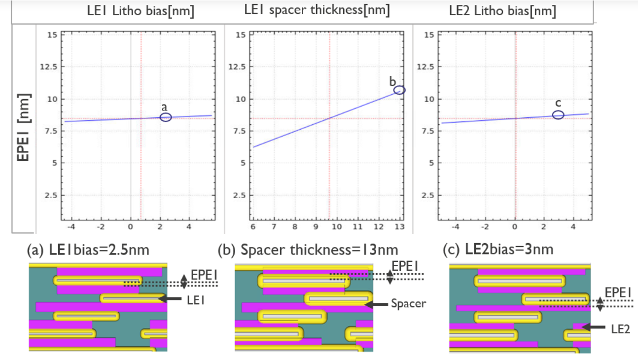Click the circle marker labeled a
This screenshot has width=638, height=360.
(166, 117)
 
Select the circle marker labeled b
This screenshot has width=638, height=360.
(399, 90)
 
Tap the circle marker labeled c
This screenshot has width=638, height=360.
(558, 115)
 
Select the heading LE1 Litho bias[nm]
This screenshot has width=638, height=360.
(141, 11)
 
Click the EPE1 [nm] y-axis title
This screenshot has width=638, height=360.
(23, 127)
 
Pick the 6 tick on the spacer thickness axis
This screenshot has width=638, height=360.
(253, 227)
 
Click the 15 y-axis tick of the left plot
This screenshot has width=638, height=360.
(52, 35)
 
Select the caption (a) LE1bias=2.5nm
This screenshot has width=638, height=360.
(88, 250)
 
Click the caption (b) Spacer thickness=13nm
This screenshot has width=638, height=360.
(308, 250)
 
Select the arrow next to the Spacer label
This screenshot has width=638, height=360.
(376, 305)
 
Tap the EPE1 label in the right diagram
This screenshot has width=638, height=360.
(618, 292)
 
